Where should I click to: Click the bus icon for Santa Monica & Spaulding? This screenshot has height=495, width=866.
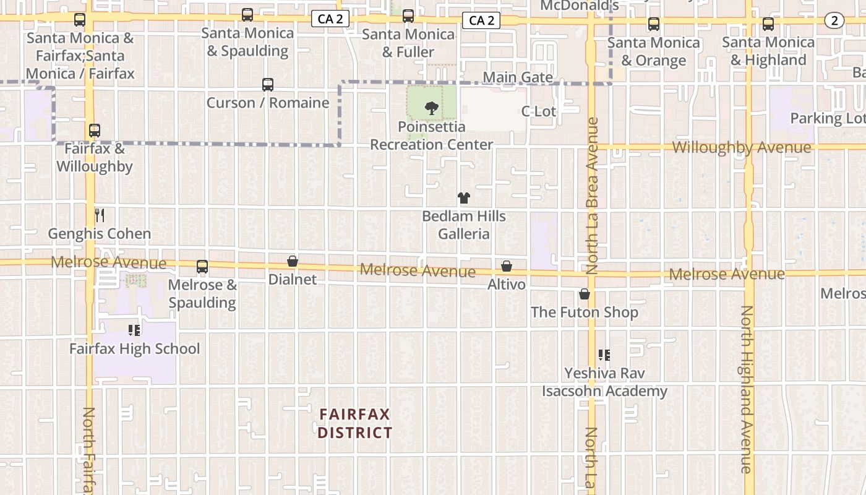click(x=247, y=15)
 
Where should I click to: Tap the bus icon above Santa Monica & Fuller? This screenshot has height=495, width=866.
click(x=408, y=16)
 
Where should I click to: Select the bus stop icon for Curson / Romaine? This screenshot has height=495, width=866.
click(x=268, y=85)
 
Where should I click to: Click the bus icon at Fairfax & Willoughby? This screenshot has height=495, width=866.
click(x=95, y=131)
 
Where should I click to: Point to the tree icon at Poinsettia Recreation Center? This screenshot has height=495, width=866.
click(x=431, y=109)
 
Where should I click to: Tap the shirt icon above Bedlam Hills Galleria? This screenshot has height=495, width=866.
click(x=464, y=198)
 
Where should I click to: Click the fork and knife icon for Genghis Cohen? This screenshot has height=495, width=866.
click(x=100, y=215)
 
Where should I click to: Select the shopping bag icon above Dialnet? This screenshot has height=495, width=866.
click(x=293, y=262)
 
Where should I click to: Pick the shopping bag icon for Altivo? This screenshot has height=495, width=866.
click(x=507, y=266)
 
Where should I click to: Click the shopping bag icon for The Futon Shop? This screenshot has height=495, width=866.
click(x=585, y=294)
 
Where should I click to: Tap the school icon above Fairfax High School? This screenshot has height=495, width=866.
click(x=134, y=330)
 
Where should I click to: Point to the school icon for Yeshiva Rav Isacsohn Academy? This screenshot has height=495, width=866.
click(x=604, y=355)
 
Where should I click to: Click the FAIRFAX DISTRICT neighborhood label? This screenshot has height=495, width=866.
click(x=355, y=423)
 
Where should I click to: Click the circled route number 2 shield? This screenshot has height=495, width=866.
click(x=834, y=20)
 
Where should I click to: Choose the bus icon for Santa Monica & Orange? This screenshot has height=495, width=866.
click(x=654, y=24)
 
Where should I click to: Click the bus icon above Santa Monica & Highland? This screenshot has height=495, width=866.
click(x=768, y=24)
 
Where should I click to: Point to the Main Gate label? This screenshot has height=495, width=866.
click(x=518, y=77)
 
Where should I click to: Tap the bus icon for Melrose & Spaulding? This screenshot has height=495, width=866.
click(x=202, y=267)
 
